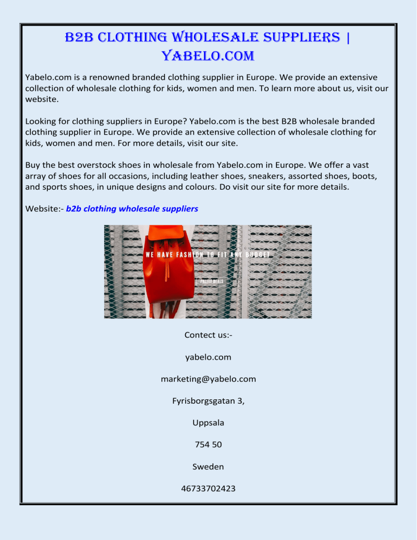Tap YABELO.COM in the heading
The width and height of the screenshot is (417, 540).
[208, 56]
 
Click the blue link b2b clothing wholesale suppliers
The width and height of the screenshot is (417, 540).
[132, 209]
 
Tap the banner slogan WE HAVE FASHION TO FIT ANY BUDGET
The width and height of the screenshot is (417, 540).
[208, 254]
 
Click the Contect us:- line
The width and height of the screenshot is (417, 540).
[208, 335]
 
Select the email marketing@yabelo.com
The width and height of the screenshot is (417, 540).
[208, 379]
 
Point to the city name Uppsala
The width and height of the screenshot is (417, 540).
[208, 422]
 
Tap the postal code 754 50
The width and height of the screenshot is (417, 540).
[208, 444]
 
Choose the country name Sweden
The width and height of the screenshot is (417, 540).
[208, 466]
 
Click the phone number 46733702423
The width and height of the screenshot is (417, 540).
[208, 488]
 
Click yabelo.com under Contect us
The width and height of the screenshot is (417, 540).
[208, 357]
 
